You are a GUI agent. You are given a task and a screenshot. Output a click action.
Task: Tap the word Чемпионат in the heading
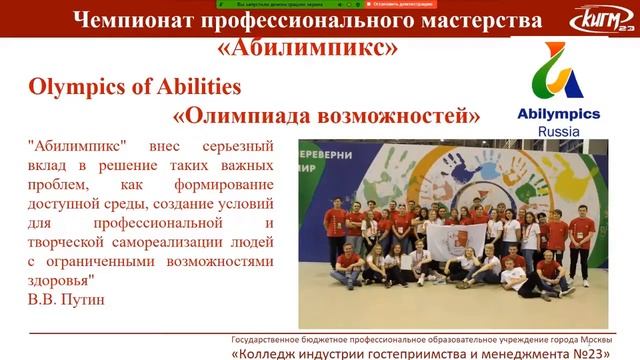coord(149,21)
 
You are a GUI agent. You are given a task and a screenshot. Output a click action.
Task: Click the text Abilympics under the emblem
coord(567,115)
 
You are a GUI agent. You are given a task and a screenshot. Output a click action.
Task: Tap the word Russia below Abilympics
coord(567,131)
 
